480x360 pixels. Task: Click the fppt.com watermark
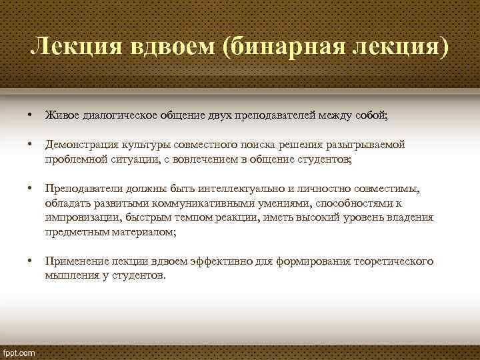pyautogui.click(x=19, y=351)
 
